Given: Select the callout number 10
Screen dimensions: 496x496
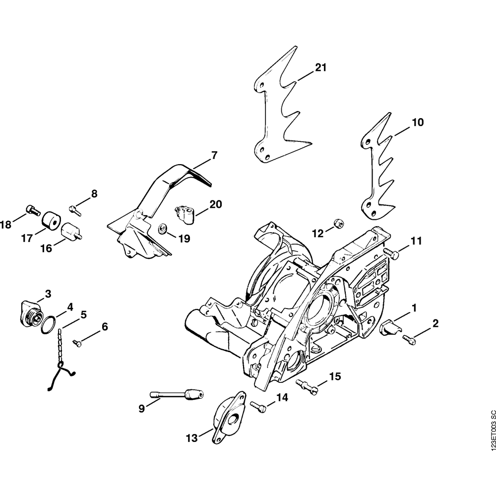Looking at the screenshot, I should point(418,122).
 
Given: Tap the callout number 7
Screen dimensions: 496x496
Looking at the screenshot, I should point(214,155).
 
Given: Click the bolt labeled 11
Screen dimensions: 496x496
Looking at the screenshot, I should point(394,254).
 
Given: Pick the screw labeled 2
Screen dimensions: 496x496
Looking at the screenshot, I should point(409,339).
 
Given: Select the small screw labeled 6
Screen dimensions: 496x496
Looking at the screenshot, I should point(77,342).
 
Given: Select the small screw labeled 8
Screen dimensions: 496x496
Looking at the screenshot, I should point(75,209).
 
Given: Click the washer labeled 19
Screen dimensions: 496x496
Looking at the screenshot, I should point(162,229).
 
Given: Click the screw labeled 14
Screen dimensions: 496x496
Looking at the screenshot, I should point(258,406).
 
